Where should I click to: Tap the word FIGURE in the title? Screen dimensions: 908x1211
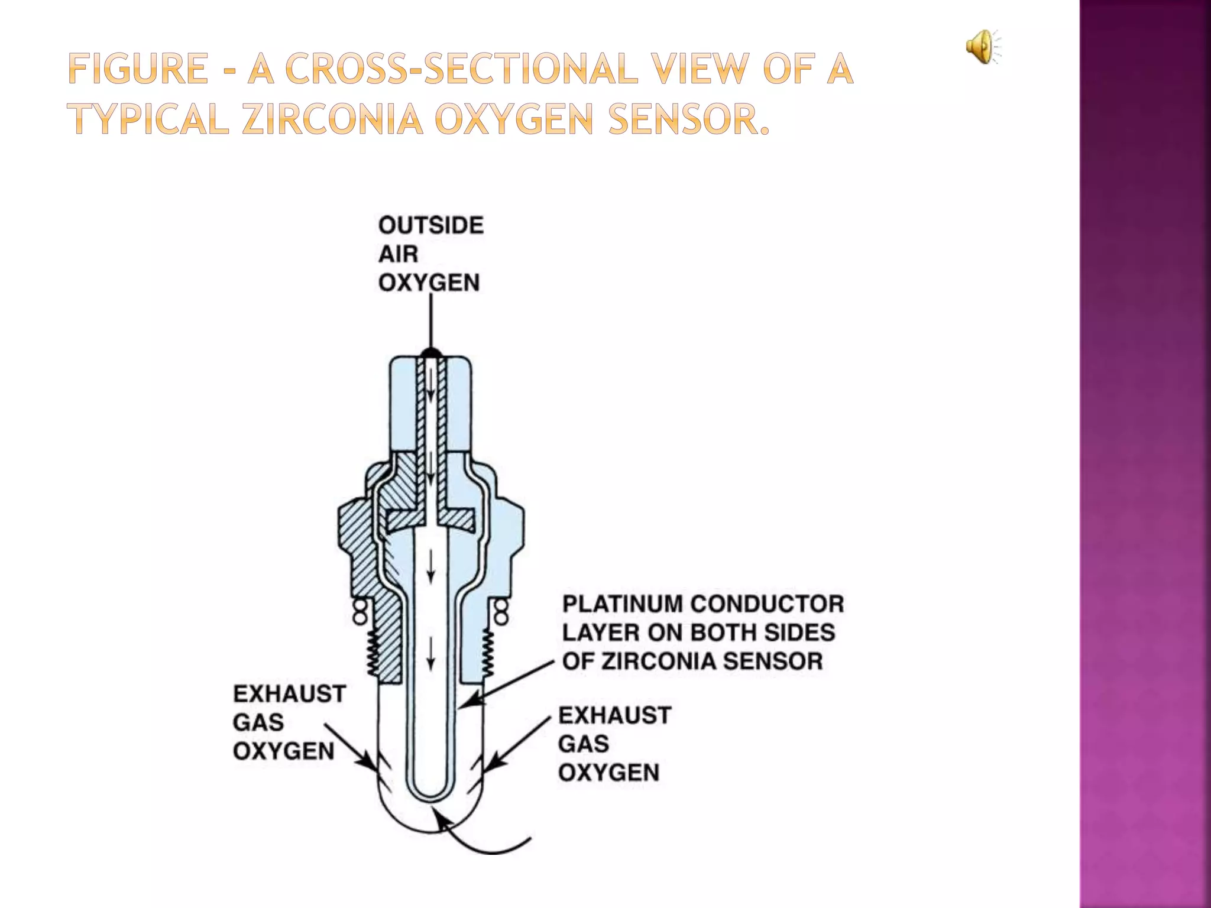[x=136, y=69]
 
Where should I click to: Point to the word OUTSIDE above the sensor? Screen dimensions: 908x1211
[x=431, y=225]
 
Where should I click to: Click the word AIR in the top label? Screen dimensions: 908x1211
[x=398, y=254]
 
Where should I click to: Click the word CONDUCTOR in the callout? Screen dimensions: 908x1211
[x=767, y=604]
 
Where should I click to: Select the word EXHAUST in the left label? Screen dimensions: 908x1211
[x=289, y=694]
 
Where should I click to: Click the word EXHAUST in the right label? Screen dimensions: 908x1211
[x=614, y=716]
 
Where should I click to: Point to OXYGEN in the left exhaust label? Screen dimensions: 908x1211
[x=284, y=751]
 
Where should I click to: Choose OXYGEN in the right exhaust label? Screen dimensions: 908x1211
[x=608, y=773]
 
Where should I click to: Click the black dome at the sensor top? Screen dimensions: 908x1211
[x=430, y=353]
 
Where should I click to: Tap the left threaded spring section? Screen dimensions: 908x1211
[x=373, y=653]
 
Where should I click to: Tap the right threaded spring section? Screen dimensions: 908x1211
[x=489, y=653]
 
